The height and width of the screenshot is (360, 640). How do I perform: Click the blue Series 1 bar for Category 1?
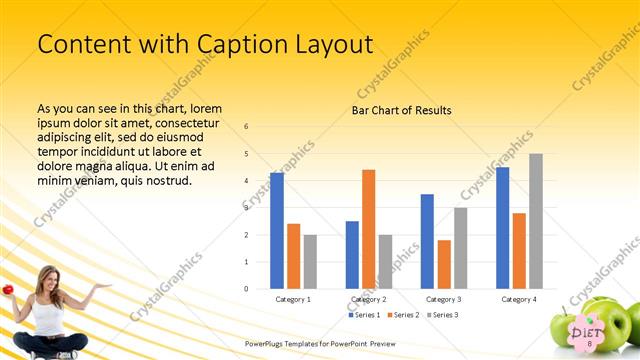[276, 231]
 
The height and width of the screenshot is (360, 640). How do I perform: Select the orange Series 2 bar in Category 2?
[369, 229]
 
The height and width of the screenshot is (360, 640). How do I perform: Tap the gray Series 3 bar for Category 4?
[536, 221]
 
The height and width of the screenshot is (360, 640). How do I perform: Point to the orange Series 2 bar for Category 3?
[444, 264]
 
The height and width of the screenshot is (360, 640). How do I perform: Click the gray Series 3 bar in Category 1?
[310, 262]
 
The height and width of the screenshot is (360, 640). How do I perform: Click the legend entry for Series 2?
[404, 315]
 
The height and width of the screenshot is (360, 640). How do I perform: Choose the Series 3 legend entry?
[444, 315]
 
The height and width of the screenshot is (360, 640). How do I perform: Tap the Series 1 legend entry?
[364, 315]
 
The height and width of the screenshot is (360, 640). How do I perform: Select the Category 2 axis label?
[369, 299]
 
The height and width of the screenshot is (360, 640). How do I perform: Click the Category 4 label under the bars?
[519, 299]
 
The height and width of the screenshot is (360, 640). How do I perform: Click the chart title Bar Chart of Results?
[401, 110]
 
